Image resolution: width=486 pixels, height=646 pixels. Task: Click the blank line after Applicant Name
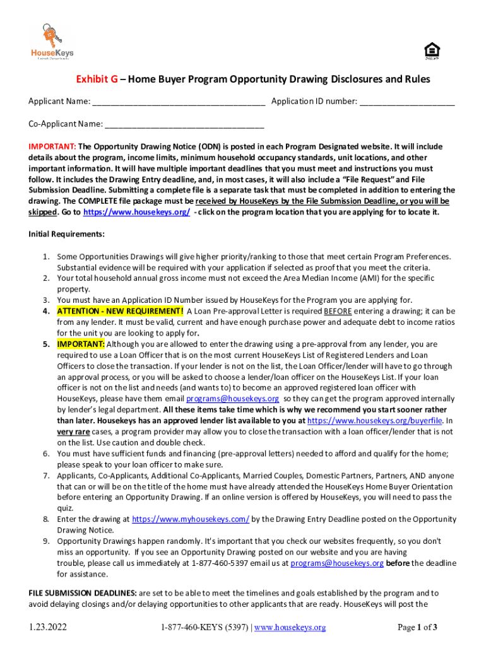click(x=178, y=102)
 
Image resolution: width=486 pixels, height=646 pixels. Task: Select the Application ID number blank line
click(x=407, y=102)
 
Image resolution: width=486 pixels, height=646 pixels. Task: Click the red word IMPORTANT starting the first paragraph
click(x=52, y=146)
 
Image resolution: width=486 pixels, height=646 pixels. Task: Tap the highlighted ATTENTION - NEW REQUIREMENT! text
click(x=120, y=311)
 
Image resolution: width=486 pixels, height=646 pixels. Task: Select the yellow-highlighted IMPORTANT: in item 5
click(x=81, y=344)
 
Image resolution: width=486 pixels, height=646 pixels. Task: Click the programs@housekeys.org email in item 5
click(x=232, y=399)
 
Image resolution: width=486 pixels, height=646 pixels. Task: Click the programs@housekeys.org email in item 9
click(x=337, y=563)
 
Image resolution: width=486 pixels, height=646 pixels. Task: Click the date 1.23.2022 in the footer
click(x=48, y=628)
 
